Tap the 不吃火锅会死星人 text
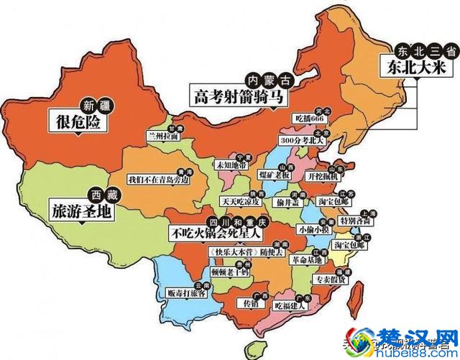[217, 233]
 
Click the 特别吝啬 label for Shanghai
[356, 221]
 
